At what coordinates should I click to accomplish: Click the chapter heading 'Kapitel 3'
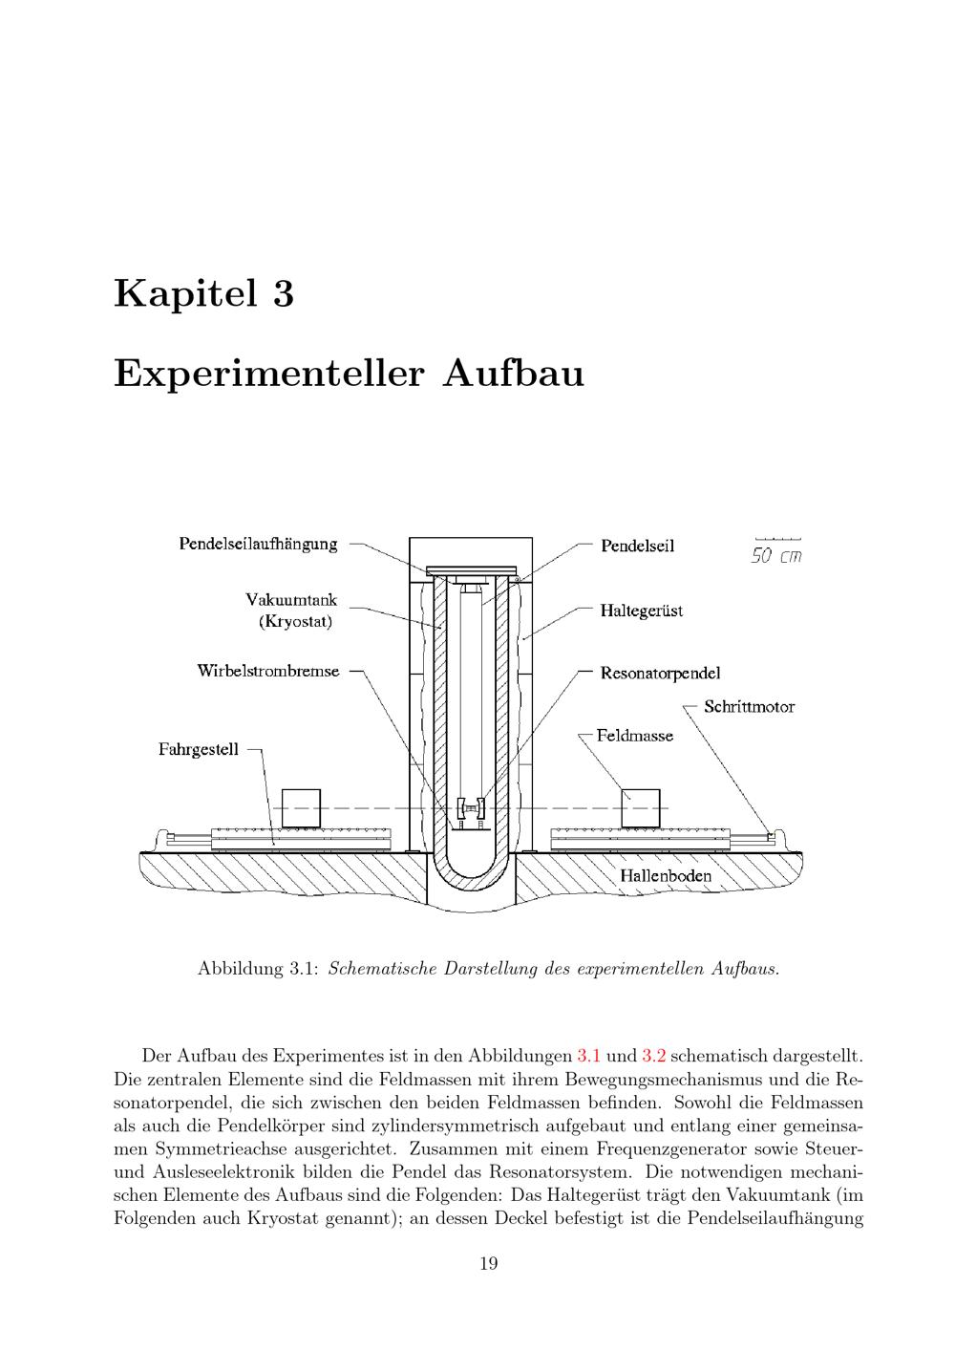203,293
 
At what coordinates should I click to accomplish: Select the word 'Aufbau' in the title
513,373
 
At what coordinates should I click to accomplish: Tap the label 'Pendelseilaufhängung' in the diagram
258,545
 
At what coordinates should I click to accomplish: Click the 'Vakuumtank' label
291,600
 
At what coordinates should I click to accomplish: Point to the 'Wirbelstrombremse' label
268,671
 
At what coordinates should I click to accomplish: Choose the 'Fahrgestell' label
199,749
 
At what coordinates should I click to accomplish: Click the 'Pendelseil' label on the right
637,546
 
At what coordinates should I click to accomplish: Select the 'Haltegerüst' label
641,610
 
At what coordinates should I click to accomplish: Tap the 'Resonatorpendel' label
660,674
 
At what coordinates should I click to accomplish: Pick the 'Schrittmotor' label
749,707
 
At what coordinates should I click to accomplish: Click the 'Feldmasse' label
634,736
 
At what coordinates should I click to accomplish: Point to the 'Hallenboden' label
666,875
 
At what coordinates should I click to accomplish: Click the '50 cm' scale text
775,556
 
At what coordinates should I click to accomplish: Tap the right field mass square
641,808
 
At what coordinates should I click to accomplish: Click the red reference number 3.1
589,1056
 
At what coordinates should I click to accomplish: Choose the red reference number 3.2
654,1056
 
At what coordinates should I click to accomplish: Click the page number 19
488,1264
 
